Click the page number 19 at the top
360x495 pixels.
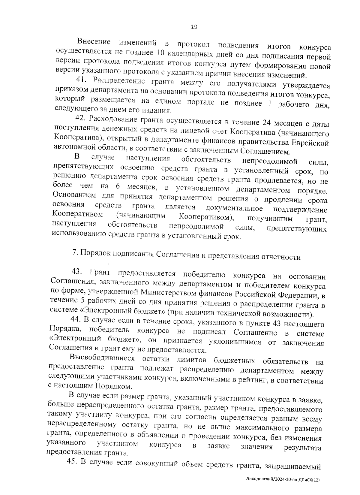pyautogui.click(x=194, y=27)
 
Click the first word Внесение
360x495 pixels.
pyautogui.click(x=94, y=41)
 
